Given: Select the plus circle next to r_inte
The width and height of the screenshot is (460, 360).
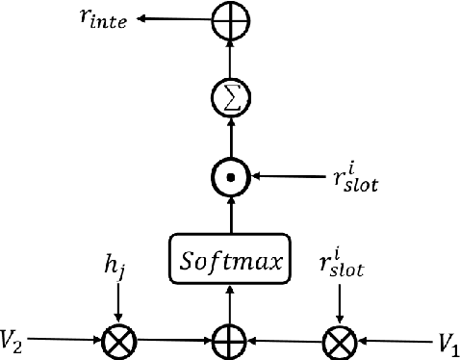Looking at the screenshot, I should [232, 16].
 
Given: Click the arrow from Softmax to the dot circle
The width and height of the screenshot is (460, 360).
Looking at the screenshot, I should [232, 213].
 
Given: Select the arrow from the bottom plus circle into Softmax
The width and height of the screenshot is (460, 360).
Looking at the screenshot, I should [232, 300].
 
